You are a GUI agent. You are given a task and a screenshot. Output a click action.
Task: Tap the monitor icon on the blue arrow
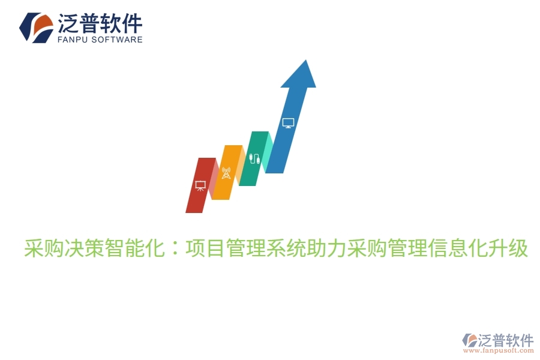[x=288, y=123]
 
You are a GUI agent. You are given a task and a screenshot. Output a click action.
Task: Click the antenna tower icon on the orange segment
[x=226, y=173]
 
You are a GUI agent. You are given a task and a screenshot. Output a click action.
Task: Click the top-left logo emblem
[x=36, y=27]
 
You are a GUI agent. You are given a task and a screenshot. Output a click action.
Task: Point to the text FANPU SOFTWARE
[x=100, y=40]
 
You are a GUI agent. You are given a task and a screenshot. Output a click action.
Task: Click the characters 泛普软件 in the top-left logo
[x=100, y=23]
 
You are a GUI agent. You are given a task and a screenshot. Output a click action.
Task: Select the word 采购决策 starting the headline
[x=64, y=247]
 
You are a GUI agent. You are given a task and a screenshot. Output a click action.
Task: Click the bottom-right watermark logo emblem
[x=469, y=341]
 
